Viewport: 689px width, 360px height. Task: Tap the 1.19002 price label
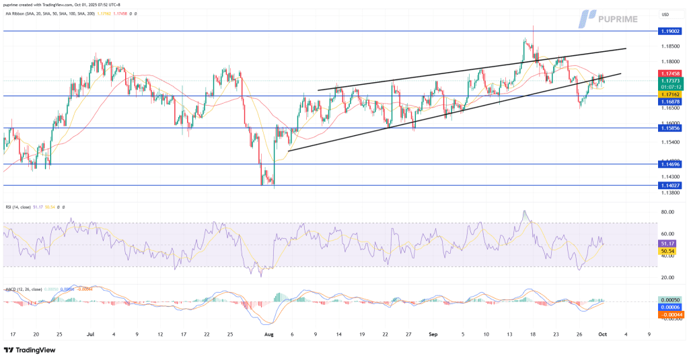(x=670, y=31)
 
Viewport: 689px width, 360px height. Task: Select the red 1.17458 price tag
(x=670, y=73)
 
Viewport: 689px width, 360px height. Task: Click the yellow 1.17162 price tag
(x=670, y=95)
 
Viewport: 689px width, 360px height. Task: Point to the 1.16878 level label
(x=670, y=102)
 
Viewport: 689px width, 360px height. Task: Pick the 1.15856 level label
(x=670, y=128)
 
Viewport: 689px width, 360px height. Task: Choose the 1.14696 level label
(x=670, y=164)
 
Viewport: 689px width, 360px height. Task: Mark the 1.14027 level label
(x=670, y=185)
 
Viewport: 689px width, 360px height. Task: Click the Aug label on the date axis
(x=269, y=334)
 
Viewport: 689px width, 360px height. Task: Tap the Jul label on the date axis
(x=89, y=334)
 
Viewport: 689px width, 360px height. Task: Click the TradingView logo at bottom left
(x=29, y=350)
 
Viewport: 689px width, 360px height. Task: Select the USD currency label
(x=665, y=15)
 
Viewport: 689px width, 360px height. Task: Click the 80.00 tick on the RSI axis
(x=669, y=212)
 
